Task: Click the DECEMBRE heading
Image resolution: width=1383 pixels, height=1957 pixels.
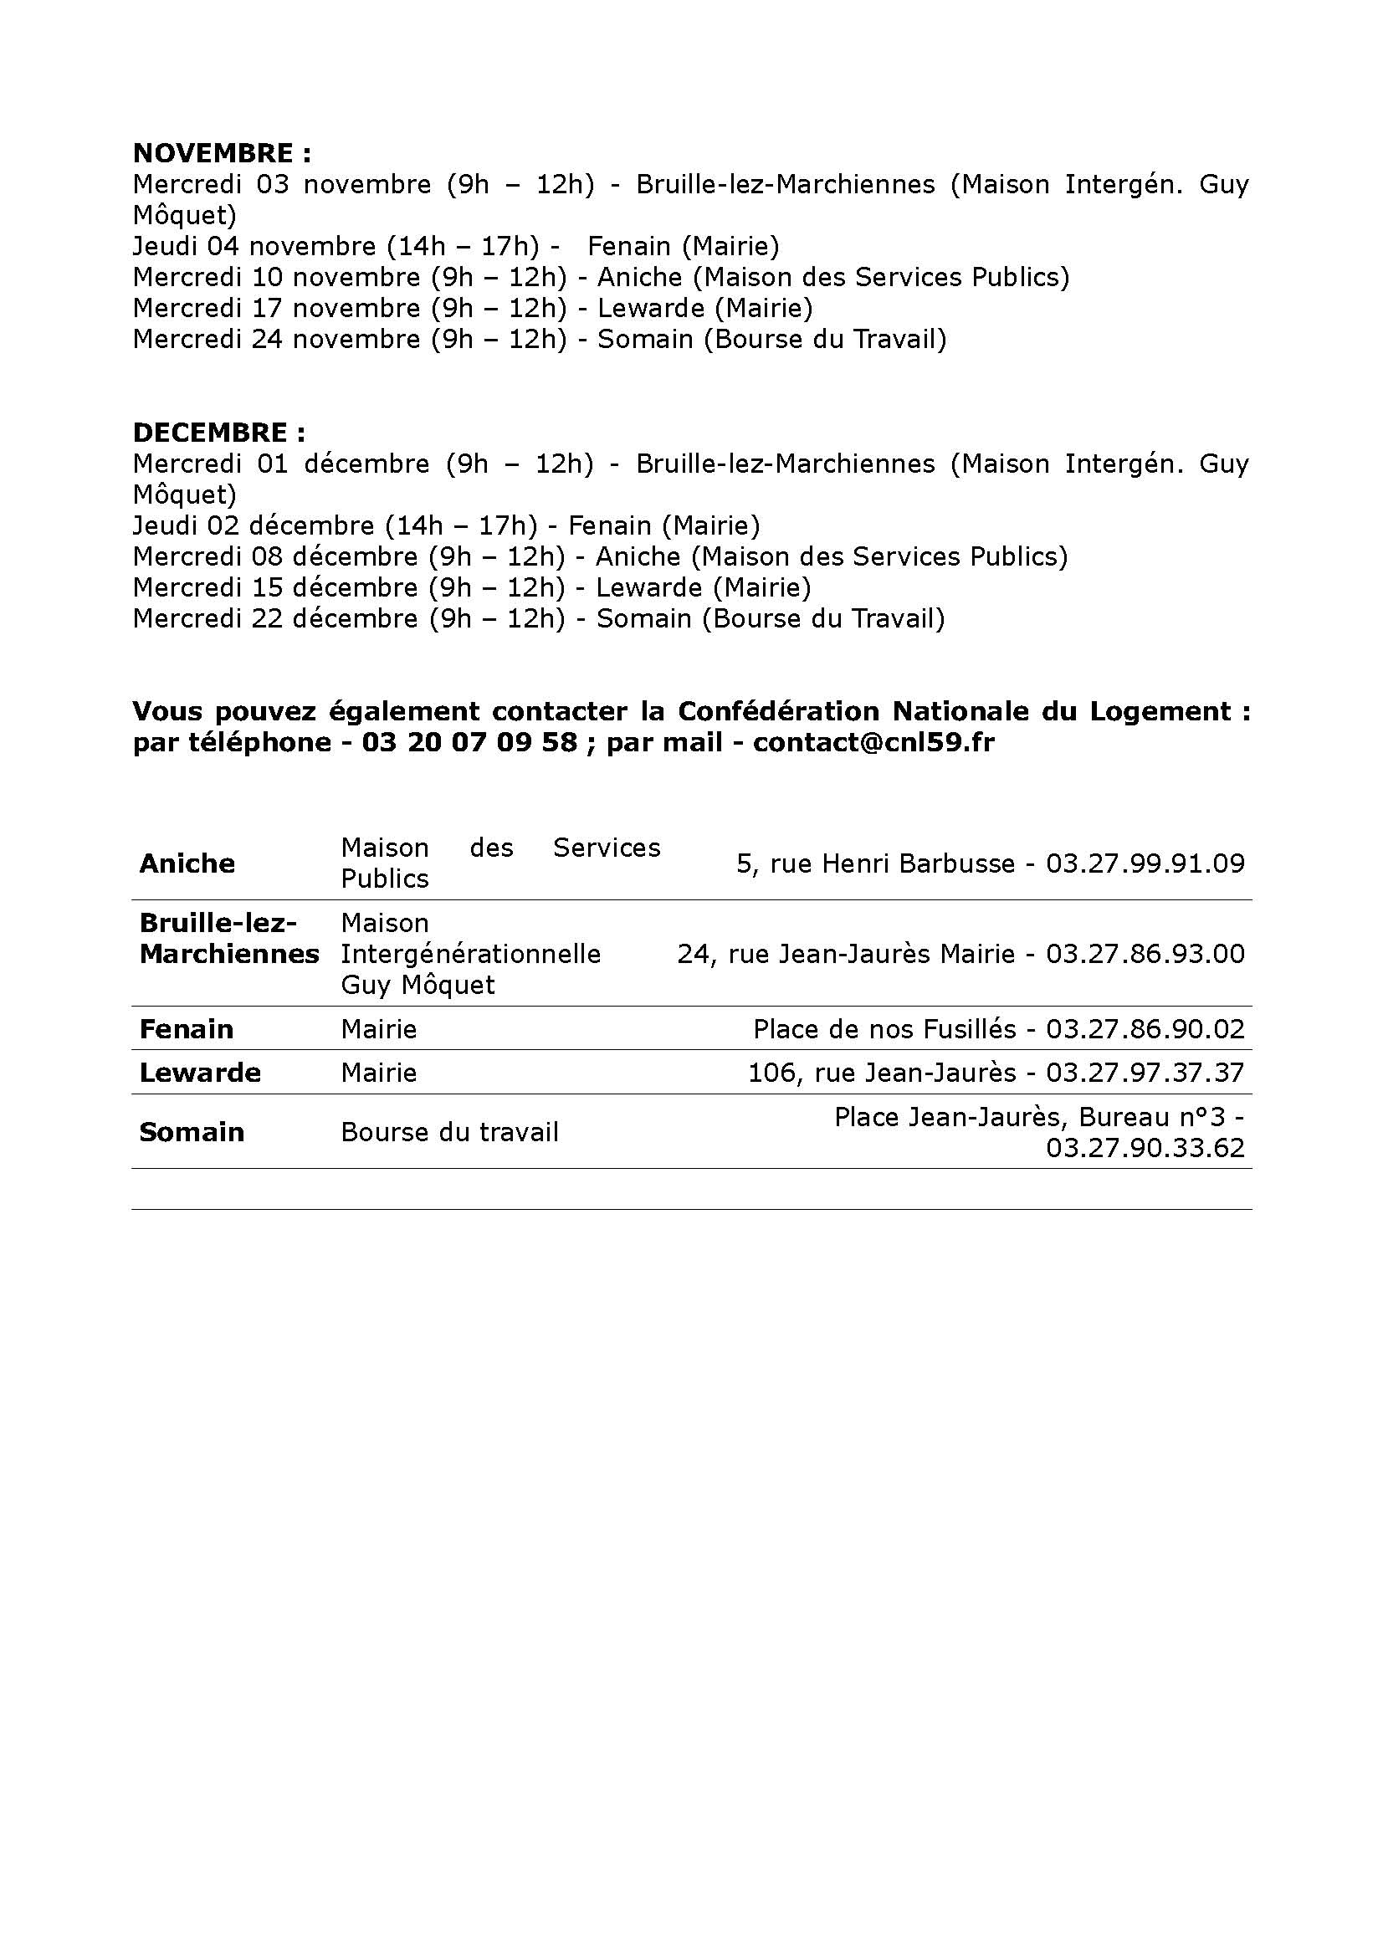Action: tap(218, 433)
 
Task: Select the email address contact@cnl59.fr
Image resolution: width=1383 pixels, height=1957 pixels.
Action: tap(873, 742)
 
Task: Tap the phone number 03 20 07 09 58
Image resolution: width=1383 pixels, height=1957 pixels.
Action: tap(469, 742)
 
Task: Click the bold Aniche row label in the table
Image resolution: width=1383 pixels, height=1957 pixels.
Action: tap(187, 863)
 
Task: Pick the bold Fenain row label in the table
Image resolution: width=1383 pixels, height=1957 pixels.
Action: tap(186, 1030)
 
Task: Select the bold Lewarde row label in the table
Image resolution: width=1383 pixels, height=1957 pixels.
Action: tap(199, 1073)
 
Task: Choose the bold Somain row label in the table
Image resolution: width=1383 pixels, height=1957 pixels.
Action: tap(192, 1132)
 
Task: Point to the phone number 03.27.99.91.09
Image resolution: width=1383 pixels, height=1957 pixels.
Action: tap(1145, 863)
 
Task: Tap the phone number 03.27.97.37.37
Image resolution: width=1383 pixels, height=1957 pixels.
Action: tap(1145, 1073)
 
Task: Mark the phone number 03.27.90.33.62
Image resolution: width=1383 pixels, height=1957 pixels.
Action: tap(1145, 1147)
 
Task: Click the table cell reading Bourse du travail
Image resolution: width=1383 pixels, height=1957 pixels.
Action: tap(449, 1132)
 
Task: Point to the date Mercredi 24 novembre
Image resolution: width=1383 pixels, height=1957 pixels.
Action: tap(276, 339)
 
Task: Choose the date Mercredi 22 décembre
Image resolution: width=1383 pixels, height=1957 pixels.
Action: tap(275, 619)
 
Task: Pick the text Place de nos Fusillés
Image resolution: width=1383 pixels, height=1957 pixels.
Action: tap(884, 1030)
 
